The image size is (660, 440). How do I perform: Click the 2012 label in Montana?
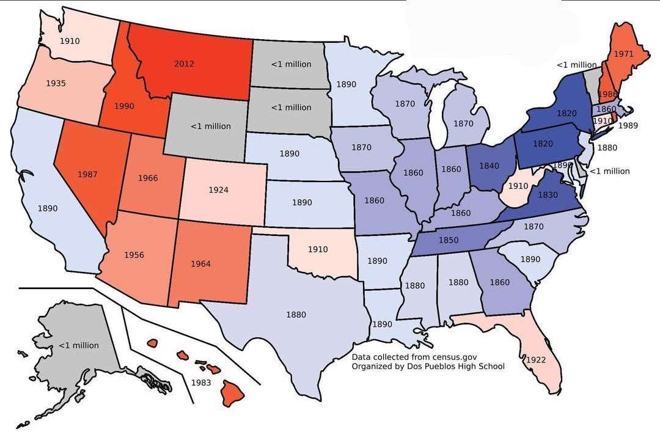click(184, 64)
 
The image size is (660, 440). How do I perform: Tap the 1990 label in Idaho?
click(123, 106)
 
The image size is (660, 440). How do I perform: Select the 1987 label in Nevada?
click(87, 174)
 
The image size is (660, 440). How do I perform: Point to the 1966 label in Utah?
click(148, 178)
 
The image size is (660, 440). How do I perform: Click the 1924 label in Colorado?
click(218, 190)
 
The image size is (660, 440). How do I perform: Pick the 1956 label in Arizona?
click(134, 255)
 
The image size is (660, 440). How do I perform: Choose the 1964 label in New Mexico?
click(200, 264)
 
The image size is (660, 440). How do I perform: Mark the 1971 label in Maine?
click(623, 54)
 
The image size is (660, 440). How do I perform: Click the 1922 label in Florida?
click(535, 360)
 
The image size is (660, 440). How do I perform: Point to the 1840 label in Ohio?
click(489, 166)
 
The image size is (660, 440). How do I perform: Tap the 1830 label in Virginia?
click(549, 194)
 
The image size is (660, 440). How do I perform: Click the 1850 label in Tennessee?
click(449, 241)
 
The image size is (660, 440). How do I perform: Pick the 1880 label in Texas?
click(296, 315)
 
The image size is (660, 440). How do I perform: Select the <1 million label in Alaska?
click(78, 345)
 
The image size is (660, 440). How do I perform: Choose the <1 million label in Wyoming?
click(211, 126)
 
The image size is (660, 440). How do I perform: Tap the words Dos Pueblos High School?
click(448, 367)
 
